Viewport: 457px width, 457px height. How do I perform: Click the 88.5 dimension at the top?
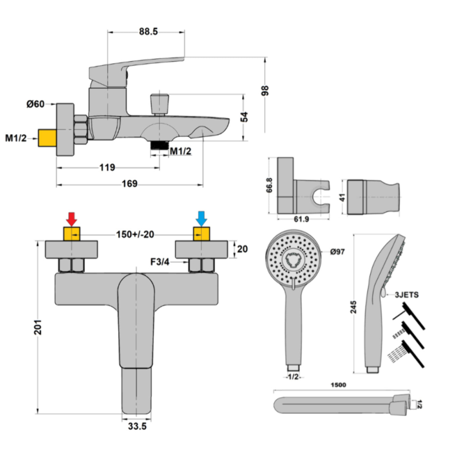(148, 32)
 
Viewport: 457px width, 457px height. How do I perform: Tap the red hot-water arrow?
(72, 219)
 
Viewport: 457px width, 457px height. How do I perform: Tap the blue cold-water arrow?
(201, 219)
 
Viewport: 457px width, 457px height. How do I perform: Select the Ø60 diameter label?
(36, 104)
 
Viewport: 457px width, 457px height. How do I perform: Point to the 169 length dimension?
(130, 184)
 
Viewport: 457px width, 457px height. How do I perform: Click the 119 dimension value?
(107, 167)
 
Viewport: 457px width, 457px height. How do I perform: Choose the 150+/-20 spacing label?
(135, 234)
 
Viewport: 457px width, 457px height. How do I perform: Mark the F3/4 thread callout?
(160, 262)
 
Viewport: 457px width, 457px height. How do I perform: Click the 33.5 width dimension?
(137, 426)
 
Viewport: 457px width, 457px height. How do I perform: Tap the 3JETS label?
(407, 295)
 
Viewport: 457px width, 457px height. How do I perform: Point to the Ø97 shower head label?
(337, 252)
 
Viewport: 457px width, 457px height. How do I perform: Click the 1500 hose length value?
(338, 385)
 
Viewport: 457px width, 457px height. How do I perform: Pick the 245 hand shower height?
(354, 307)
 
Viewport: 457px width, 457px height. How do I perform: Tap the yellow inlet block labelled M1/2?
(47, 138)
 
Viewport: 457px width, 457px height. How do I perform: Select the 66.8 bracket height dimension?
(269, 185)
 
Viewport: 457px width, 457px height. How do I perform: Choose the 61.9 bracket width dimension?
(301, 219)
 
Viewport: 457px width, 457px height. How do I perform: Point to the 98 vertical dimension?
(265, 91)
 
